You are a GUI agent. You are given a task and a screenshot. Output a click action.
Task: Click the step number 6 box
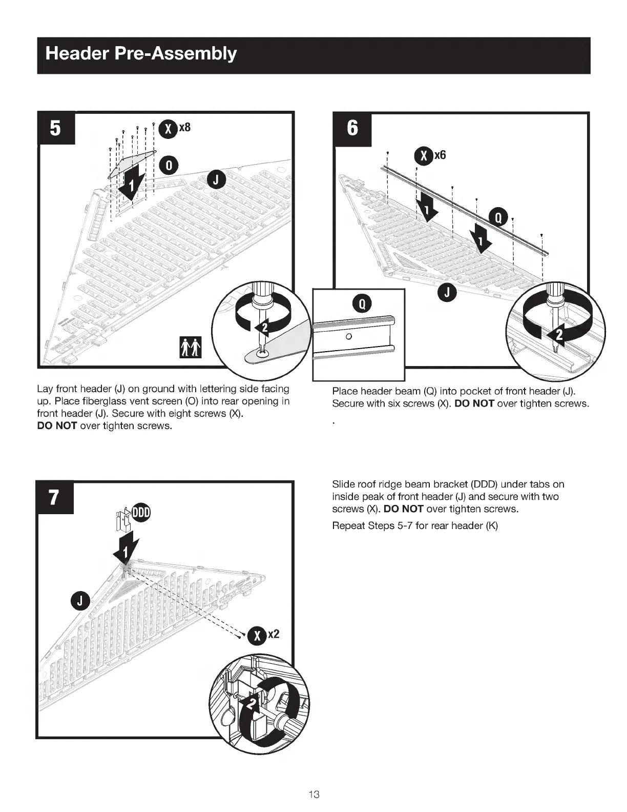tap(352, 128)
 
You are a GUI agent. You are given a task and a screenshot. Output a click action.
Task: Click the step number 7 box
tap(54, 497)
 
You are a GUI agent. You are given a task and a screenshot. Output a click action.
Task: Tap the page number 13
tap(314, 795)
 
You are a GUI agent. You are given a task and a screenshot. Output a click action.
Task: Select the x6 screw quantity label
tap(440, 155)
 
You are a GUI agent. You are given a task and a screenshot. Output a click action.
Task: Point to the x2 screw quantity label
tap(274, 634)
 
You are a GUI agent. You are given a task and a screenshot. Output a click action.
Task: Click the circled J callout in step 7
tap(80, 600)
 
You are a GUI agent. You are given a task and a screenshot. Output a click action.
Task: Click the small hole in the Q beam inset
tap(348, 336)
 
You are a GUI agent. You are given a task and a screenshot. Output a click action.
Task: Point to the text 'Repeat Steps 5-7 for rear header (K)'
tap(415, 525)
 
